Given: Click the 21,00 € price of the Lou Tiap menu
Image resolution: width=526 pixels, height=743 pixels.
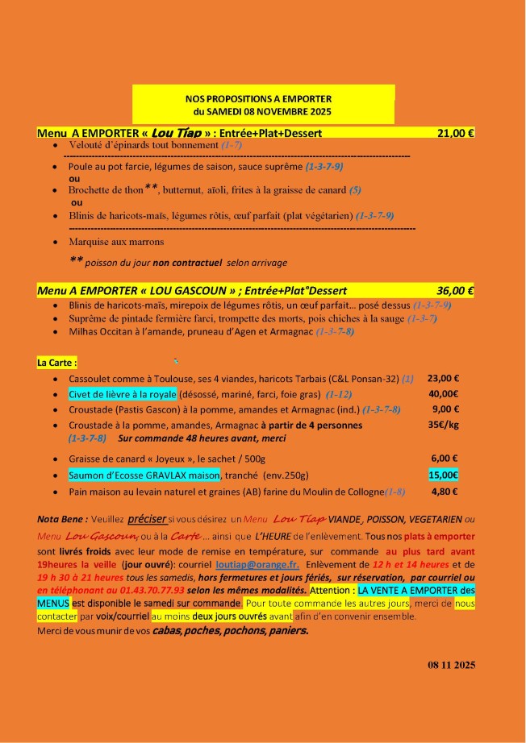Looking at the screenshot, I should coord(455,133).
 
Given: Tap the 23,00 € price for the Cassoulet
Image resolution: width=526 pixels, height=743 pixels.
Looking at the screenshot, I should coord(443,378).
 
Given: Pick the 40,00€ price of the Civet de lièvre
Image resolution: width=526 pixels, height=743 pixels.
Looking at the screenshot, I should coord(443,394).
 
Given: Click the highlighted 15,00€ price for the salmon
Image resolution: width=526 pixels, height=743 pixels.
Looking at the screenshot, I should coord(443,475).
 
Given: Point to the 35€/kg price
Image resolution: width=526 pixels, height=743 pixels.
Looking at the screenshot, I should coord(443,425).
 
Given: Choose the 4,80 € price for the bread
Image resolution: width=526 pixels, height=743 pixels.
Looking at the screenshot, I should coord(443,491).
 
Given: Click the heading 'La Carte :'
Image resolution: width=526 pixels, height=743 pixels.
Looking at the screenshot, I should coord(57,363).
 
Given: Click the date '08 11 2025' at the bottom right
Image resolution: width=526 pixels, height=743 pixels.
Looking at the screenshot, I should coord(452,665).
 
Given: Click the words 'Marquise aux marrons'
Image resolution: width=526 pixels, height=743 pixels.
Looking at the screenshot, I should coord(116,242).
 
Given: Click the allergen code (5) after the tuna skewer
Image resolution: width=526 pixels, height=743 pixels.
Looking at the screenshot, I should coord(355,190).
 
